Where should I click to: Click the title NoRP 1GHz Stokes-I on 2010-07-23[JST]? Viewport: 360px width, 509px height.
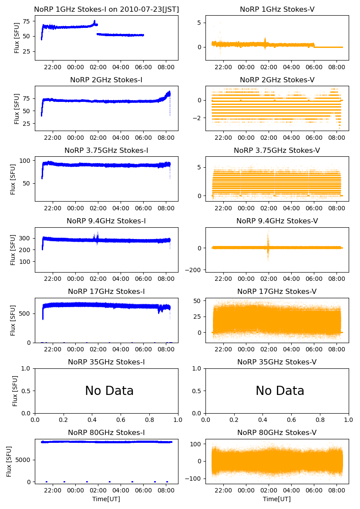(106, 9)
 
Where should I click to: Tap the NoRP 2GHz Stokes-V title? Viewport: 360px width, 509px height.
(277, 80)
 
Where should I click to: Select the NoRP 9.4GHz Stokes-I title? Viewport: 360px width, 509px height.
(106, 221)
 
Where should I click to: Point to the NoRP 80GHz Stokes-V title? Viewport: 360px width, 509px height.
(277, 432)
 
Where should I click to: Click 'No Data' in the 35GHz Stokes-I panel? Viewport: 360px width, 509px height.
(109, 391)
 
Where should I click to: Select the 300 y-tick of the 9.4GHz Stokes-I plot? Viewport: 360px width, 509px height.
(27, 238)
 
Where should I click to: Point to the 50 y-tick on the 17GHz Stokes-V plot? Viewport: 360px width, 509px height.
(199, 301)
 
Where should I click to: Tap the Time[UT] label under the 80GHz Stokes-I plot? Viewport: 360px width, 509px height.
(106, 499)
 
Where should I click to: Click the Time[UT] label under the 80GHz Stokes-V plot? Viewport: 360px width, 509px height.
(277, 499)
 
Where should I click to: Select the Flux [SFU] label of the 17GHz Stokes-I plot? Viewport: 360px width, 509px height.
(13, 320)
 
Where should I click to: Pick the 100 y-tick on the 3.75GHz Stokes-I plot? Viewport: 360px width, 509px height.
(27, 161)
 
